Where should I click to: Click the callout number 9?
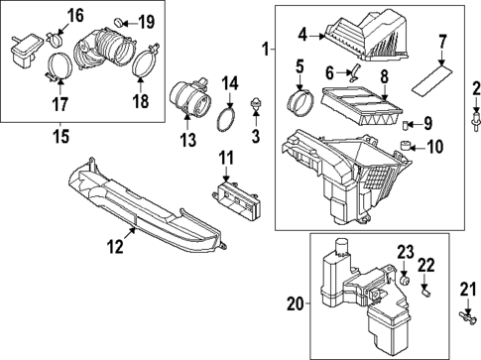coord(427,124)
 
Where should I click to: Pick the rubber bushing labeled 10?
coord(405,149)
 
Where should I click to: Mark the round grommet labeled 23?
coord(405,284)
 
